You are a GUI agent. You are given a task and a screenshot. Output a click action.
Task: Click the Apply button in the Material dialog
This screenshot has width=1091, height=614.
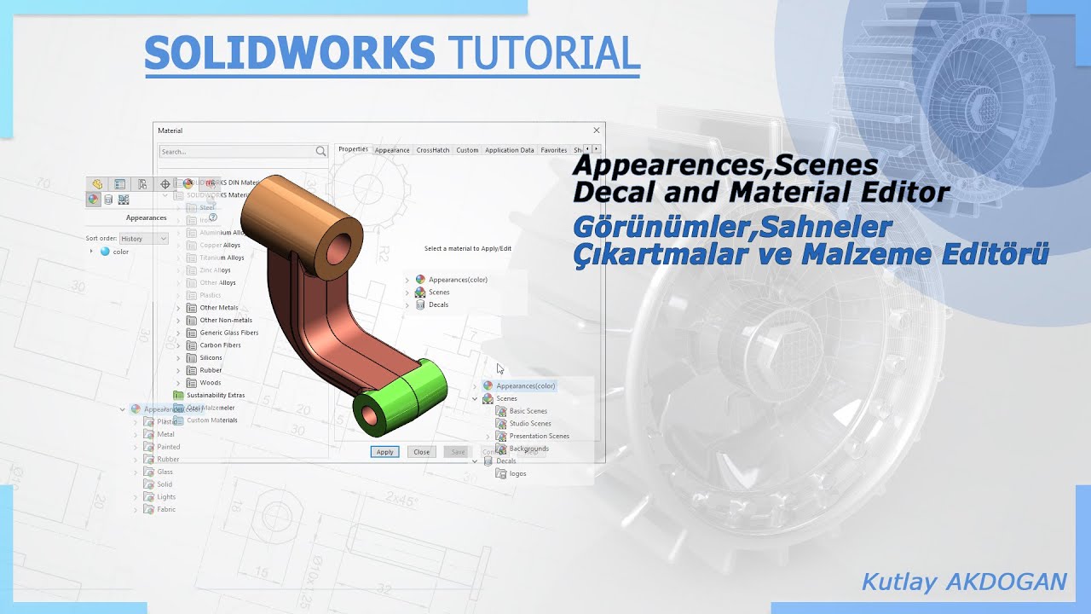(x=384, y=452)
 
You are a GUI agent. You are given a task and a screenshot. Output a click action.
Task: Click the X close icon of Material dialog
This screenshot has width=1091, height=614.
(x=597, y=130)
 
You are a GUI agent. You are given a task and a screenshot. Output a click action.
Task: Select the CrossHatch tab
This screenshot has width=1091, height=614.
(x=432, y=150)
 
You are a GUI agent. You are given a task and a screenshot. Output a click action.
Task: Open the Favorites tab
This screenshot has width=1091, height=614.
(x=553, y=150)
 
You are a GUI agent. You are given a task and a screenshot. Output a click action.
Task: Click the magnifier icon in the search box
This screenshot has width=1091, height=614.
(x=320, y=151)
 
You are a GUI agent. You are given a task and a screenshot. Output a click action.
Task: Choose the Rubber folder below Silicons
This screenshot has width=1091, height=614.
(x=211, y=370)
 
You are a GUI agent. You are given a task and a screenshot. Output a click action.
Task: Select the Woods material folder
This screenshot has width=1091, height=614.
(x=210, y=383)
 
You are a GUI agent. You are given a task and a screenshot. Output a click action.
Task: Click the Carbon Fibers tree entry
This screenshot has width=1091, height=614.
(x=220, y=345)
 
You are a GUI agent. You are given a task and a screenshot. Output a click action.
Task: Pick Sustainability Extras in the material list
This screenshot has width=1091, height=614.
(x=215, y=396)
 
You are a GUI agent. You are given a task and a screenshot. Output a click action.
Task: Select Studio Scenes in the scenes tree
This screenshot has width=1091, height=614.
(x=529, y=424)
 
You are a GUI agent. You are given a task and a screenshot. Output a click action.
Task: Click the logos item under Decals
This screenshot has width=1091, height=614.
(x=517, y=473)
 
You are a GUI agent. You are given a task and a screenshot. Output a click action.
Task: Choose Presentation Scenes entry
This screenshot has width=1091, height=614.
(x=539, y=436)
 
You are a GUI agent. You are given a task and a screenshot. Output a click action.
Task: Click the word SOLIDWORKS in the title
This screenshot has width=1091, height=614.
(x=290, y=53)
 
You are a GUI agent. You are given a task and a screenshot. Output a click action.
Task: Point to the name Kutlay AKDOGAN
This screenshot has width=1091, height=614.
(x=963, y=582)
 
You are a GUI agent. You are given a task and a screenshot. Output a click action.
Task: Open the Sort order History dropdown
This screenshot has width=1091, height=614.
(x=143, y=239)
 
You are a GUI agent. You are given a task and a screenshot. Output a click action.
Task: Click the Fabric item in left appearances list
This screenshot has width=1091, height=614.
(x=165, y=509)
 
